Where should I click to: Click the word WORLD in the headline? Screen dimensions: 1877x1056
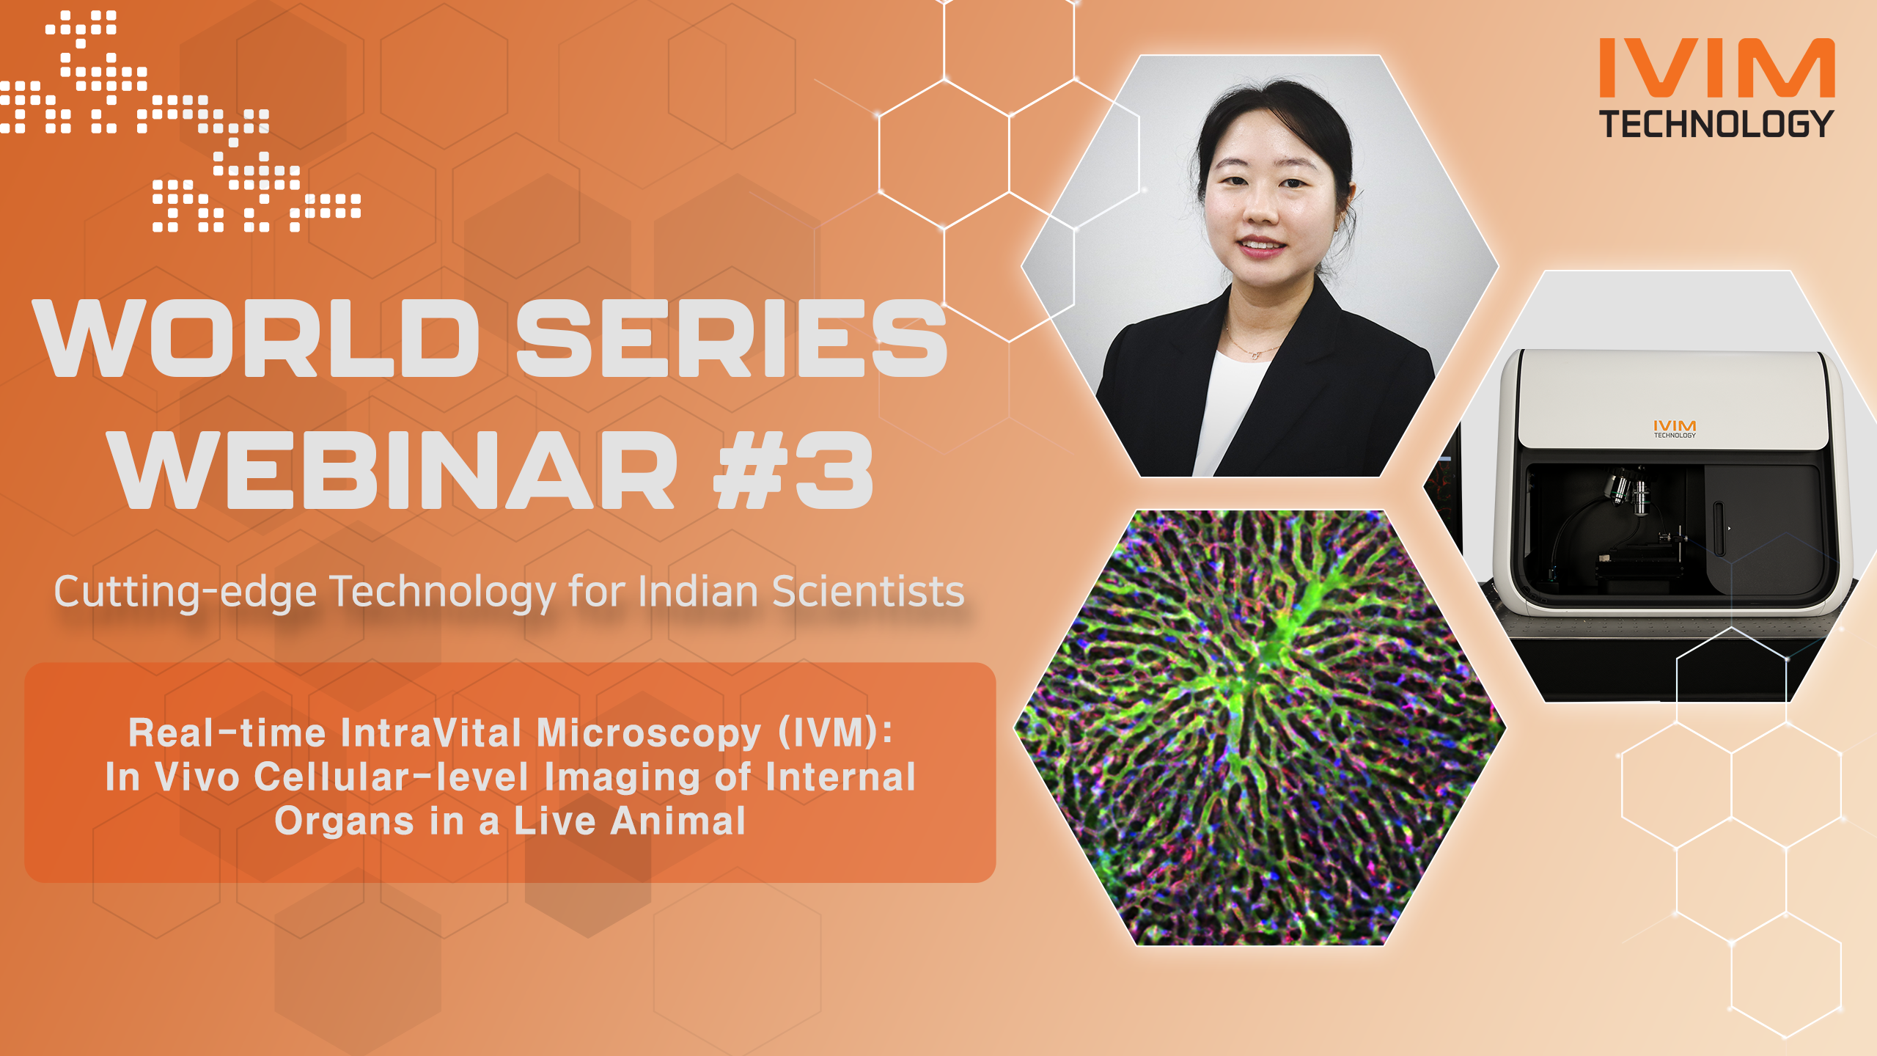(x=256, y=338)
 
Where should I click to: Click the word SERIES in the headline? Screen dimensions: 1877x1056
(x=732, y=338)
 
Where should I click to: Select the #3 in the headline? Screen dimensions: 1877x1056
(x=794, y=470)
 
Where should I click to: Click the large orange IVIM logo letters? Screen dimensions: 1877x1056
(x=1716, y=68)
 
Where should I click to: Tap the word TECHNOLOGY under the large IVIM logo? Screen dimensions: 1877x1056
(x=1716, y=124)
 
